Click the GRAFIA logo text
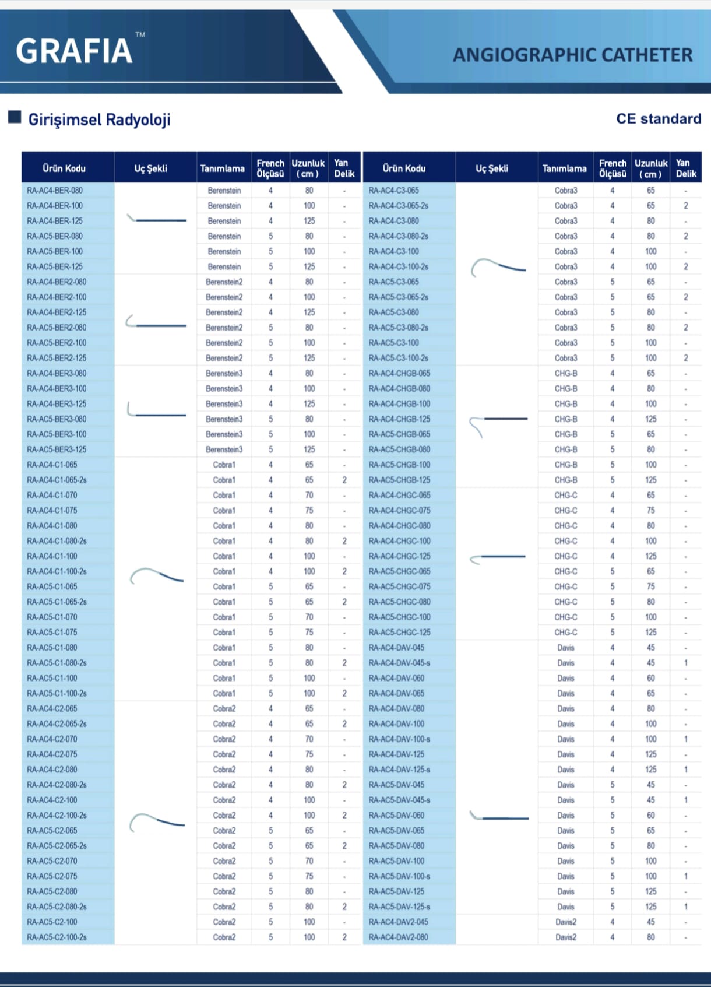[74, 51]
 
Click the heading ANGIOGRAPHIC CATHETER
[572, 55]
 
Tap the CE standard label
[658, 119]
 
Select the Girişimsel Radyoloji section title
[99, 120]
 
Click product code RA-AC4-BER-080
[55, 191]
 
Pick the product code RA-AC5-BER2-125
[57, 358]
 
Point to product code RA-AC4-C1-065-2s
[57, 480]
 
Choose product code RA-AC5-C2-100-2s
[57, 937]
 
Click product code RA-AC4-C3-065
[393, 191]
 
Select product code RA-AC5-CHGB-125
[399, 480]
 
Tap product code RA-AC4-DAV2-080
[398, 937]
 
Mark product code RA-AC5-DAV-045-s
[399, 800]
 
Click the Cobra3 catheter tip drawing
[498, 268]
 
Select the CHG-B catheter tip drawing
[497, 423]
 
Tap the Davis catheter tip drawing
[498, 817]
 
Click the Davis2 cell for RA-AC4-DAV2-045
[565, 922]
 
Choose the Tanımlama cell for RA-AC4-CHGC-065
[565, 495]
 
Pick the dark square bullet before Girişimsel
[15, 117]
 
